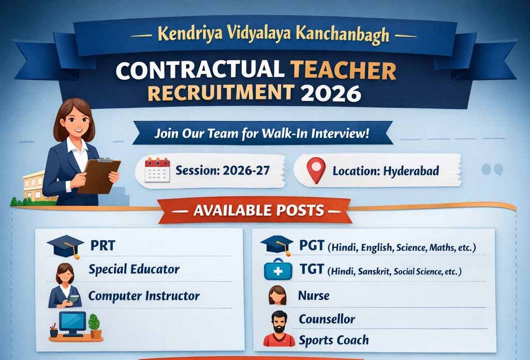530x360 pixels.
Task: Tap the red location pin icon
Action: pyautogui.click(x=316, y=169)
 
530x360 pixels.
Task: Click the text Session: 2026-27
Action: pyautogui.click(x=223, y=170)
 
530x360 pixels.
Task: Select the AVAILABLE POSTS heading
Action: pyautogui.click(x=259, y=211)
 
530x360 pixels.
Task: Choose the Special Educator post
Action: pyautogui.click(x=134, y=269)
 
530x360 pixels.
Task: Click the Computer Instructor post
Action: pyautogui.click(x=143, y=296)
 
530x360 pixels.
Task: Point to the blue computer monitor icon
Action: pyautogui.click(x=72, y=323)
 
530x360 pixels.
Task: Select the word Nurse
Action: pyautogui.click(x=314, y=295)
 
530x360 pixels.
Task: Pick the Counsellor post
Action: pyautogui.click(x=327, y=319)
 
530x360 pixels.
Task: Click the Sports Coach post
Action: pyautogui.click(x=334, y=340)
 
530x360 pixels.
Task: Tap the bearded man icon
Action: pyautogui.click(x=279, y=329)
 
